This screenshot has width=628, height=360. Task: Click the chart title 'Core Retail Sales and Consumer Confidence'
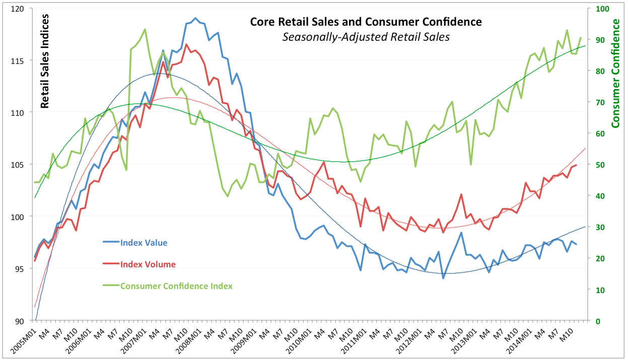tap(366, 22)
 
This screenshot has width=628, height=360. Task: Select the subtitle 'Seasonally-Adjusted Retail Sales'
tap(366, 37)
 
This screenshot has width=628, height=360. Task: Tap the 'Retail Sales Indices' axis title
tap(45, 61)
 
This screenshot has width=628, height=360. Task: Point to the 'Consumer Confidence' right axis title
tap(615, 73)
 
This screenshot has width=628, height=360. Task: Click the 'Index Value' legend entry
tap(144, 243)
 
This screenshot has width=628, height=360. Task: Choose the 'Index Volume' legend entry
tap(148, 264)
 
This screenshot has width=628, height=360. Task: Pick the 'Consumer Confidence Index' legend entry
tap(176, 286)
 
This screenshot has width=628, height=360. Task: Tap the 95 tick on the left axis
tap(21, 269)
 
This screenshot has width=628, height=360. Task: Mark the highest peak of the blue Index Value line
tap(195, 18)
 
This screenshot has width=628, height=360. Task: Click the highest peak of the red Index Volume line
tap(186, 44)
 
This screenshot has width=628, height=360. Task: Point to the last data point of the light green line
tap(581, 38)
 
